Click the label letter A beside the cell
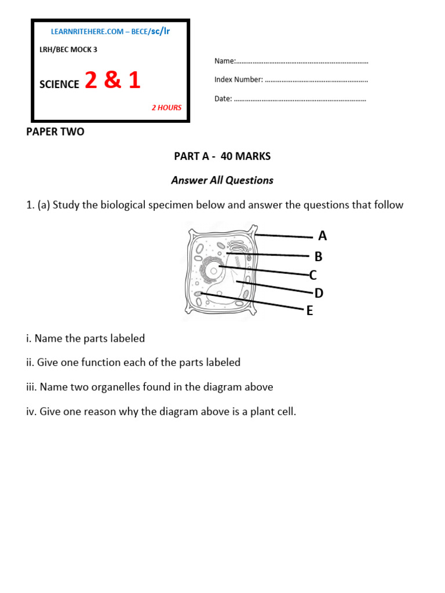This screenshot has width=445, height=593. tap(322, 236)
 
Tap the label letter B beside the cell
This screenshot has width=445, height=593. tap(318, 257)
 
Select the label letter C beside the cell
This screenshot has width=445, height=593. tap(313, 275)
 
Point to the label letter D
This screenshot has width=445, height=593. tap(319, 294)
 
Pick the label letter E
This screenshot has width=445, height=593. tap(309, 312)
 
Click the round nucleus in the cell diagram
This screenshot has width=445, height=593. tap(214, 269)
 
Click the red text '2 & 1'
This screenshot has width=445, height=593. tap(112, 81)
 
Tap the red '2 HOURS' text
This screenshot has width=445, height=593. tap(166, 108)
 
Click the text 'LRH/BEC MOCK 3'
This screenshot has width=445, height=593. tap(68, 50)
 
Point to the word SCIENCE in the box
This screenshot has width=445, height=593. tap(59, 85)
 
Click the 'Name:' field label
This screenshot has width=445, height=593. tap(225, 61)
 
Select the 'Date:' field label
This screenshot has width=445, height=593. tap(223, 99)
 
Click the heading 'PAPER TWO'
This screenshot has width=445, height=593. tap(56, 132)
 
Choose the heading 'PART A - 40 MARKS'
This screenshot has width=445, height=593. tap(222, 156)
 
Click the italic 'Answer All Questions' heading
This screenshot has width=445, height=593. tap(222, 181)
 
